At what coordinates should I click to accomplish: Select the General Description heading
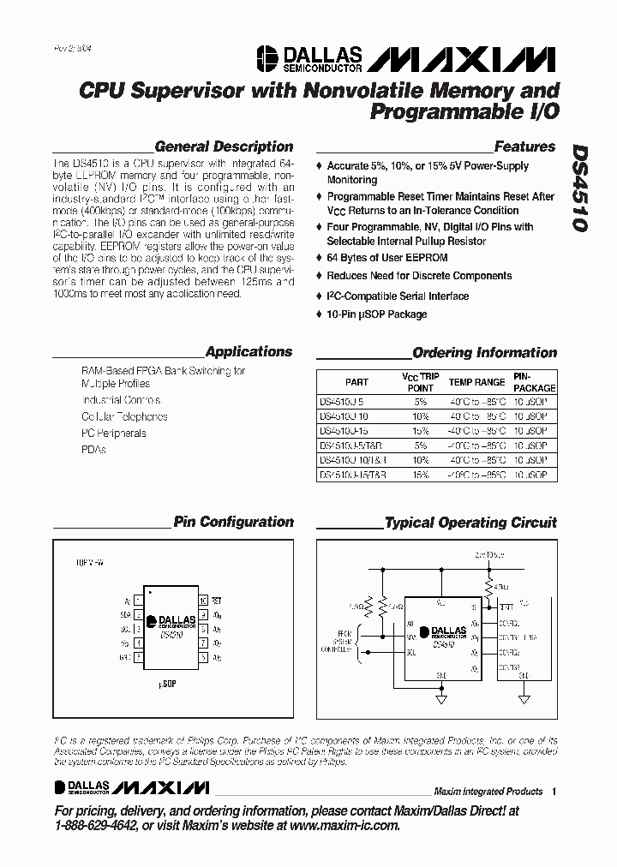point(224,146)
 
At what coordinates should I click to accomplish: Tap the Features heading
point(524,146)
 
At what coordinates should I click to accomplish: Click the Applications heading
point(249,351)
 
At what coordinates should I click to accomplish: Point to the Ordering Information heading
point(484,352)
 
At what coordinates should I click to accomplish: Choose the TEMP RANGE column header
point(477,382)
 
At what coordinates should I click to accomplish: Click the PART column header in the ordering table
point(356,382)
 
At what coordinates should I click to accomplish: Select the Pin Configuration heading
point(233,522)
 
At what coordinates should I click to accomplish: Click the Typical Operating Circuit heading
point(470,522)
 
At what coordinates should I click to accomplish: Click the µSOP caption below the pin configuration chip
point(168,685)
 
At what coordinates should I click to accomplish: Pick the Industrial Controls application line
point(121,400)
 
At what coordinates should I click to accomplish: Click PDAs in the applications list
point(93,449)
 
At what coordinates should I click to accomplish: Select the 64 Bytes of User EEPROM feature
point(376,257)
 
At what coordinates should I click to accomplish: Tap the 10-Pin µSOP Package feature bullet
point(376,314)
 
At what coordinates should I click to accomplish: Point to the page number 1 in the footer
point(554,791)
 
